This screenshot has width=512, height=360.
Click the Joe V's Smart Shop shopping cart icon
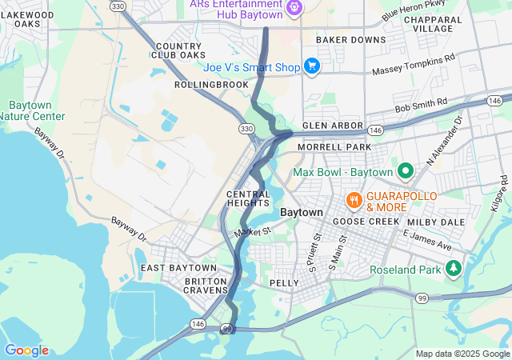312,66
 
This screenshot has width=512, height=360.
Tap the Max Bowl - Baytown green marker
406,171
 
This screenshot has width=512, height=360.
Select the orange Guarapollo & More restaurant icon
352,198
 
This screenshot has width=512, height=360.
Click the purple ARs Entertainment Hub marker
294,7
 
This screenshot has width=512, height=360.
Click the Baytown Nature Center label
32,110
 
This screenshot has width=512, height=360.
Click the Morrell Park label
334,148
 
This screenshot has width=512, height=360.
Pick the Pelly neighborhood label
284,283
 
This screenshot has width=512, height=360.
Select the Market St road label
254,231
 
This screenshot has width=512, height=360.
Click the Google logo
26,350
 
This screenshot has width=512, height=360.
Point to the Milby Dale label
431,222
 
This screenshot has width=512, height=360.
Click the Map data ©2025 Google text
462,354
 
